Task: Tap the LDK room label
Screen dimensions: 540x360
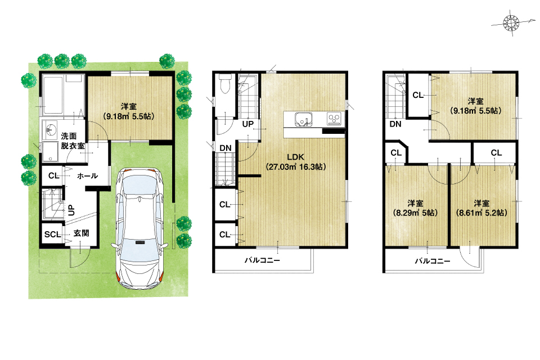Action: coord(295,157)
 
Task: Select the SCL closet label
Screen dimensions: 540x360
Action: coord(52,235)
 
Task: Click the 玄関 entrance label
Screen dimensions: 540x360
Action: coord(81,233)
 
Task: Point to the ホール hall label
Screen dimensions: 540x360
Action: coord(88,176)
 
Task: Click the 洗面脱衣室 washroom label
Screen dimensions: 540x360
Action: coord(73,141)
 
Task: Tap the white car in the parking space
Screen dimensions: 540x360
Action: coord(139,228)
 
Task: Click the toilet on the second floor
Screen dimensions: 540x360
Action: coord(226,83)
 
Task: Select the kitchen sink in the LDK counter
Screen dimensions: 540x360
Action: coord(303,119)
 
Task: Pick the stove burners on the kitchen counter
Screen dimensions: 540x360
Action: coord(334,119)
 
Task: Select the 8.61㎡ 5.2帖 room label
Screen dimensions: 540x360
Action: coord(481,209)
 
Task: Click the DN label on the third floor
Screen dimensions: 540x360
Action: coord(395,124)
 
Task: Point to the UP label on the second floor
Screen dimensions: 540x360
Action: coord(248,124)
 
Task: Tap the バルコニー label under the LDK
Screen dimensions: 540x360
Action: coord(263,260)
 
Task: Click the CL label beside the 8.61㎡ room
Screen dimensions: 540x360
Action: coord(496,152)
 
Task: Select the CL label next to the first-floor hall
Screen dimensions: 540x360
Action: coord(54,176)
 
